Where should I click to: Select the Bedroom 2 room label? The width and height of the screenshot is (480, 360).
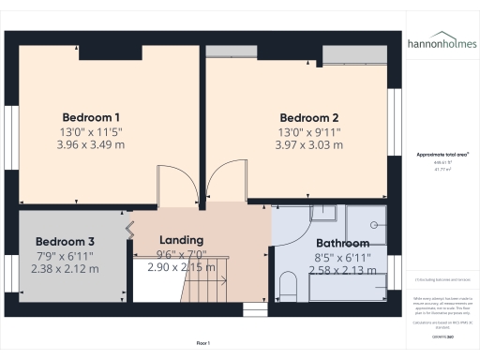pos(308,117)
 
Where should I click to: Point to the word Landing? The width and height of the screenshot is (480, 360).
pos(181,240)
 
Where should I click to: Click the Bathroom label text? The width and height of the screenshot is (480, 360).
pos(342,244)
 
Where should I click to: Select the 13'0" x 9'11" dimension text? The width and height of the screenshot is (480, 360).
pos(308,132)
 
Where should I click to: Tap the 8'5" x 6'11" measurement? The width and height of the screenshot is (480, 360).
pos(342,257)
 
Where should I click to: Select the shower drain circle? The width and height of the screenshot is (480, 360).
pos(374,225)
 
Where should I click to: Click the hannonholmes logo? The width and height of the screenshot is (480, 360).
pos(441,44)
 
